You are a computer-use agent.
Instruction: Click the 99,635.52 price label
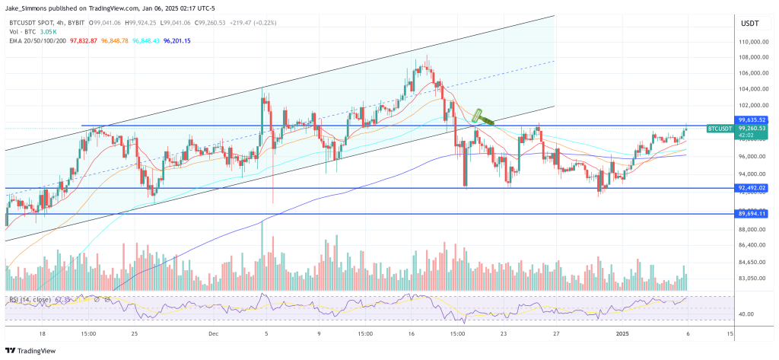coord(751,119)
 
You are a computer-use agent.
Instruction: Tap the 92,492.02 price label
coord(751,187)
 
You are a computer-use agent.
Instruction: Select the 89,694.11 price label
coord(751,215)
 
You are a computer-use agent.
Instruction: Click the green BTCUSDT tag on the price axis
coord(720,129)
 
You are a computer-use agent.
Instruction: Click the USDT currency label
coord(750,24)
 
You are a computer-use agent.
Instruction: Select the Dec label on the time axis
coord(214,333)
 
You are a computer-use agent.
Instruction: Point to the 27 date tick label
coord(557,333)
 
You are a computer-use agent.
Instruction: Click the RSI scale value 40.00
coord(747,314)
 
